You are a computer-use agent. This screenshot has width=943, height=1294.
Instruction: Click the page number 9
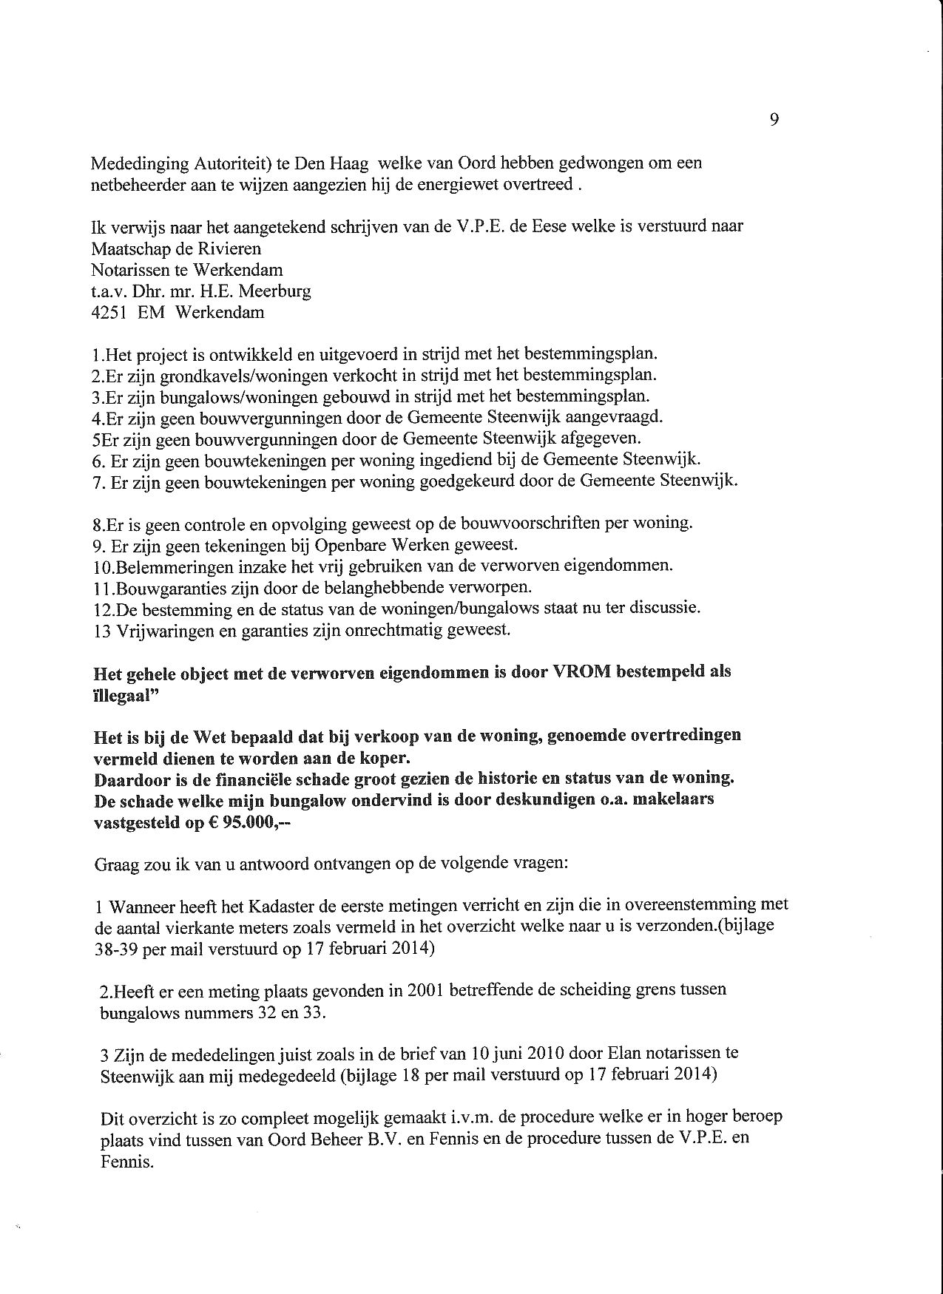774,120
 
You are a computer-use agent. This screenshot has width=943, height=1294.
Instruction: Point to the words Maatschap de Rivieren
176,248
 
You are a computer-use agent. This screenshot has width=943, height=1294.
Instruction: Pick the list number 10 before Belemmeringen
102,567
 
